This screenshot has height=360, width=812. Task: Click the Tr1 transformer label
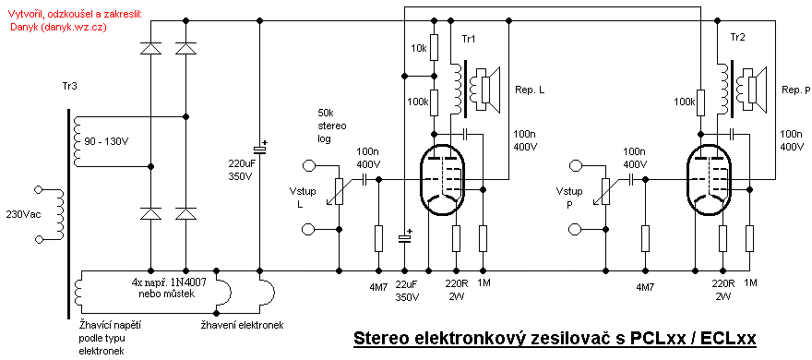[469, 39]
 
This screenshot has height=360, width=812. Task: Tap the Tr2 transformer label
[737, 39]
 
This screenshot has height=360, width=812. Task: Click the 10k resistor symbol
[435, 47]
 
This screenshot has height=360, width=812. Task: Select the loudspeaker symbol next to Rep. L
[488, 90]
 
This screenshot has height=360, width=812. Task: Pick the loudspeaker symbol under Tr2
[756, 90]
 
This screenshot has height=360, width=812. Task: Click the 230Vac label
[20, 213]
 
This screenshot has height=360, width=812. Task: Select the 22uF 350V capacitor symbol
[404, 238]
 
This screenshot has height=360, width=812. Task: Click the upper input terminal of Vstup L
[308, 166]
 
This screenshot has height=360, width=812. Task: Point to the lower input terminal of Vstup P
[575, 228]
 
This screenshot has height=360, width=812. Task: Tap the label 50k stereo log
[332, 126]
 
